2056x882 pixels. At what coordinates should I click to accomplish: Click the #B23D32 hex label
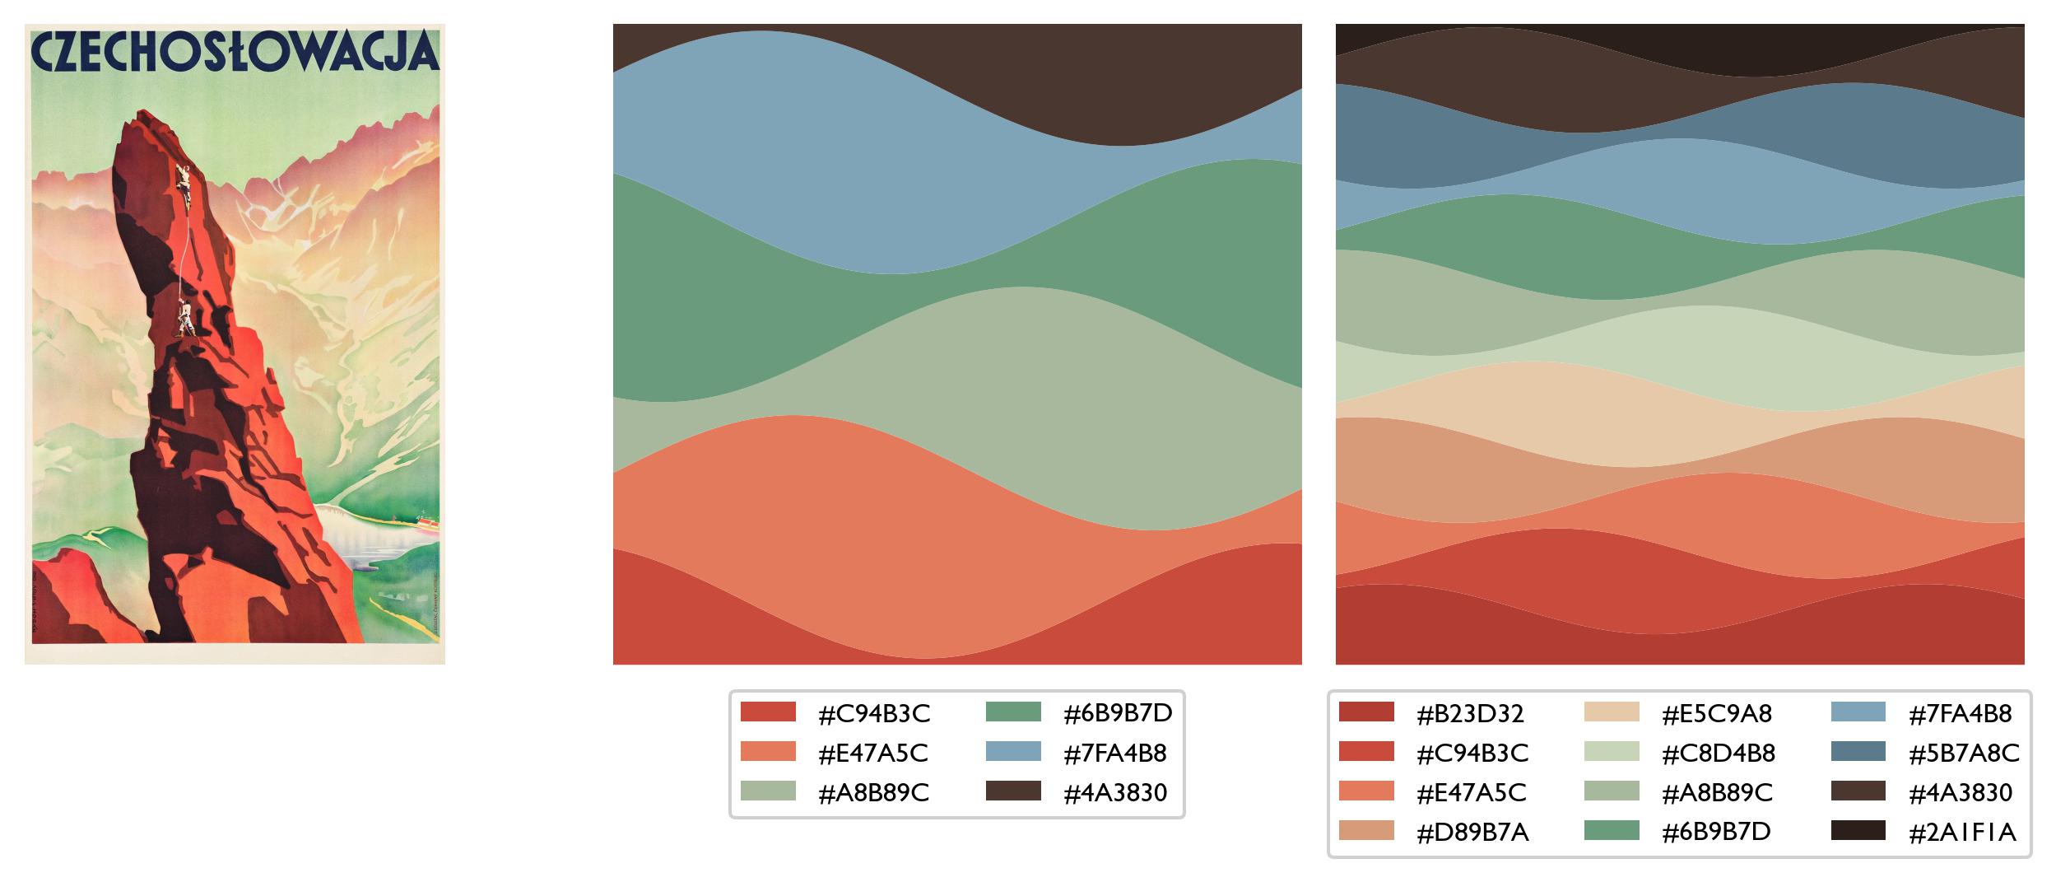pos(1470,713)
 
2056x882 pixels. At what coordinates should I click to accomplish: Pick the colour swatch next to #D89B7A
pos(1366,831)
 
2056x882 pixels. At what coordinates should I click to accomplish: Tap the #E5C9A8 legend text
pos(1716,713)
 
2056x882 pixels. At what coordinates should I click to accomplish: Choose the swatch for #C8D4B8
pos(1612,752)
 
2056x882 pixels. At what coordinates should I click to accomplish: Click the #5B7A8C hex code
pos(1964,753)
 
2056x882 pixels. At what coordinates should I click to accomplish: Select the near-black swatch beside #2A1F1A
pos(1858,831)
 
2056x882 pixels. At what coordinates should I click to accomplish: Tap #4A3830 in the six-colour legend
pos(1115,792)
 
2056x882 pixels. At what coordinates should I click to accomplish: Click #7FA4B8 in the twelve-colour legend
pos(1960,713)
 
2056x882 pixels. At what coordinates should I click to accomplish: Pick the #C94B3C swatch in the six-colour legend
pos(768,712)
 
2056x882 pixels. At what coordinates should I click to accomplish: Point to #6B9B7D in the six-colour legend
pos(1118,713)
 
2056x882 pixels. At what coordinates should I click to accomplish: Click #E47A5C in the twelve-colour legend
pos(1470,792)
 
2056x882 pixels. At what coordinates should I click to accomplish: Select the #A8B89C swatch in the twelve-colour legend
pos(1612,791)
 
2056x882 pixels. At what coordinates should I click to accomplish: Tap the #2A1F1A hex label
pos(1962,832)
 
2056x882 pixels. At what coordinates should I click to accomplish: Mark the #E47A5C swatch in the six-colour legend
pos(768,752)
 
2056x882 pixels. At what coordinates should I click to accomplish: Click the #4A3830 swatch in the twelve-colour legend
pos(1858,791)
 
